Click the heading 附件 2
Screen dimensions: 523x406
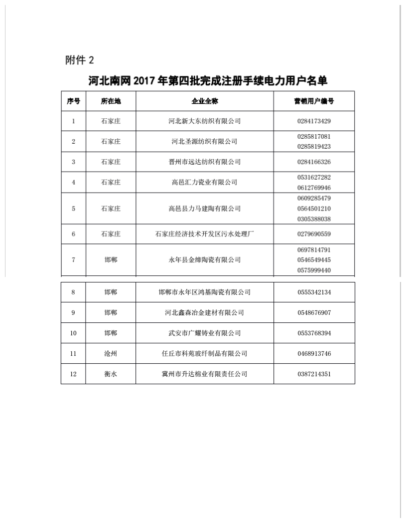80,60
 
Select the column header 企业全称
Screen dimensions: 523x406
204,101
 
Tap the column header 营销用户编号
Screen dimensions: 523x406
314,101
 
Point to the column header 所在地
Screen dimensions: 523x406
111,101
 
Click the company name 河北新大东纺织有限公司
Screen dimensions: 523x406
204,121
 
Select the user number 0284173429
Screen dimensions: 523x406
314,121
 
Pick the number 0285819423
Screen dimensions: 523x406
314,147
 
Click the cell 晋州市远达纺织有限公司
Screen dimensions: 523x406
204,162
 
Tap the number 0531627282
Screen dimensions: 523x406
314,177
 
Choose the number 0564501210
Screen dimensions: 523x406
314,209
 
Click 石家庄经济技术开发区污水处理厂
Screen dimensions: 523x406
204,234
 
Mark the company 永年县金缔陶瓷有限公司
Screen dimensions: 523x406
204,260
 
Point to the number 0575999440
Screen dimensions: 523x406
314,270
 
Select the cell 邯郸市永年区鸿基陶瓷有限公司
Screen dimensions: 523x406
204,292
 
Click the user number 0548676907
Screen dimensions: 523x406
314,313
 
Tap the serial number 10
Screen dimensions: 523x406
73,333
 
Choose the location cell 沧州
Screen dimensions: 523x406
111,354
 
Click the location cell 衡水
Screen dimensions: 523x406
111,374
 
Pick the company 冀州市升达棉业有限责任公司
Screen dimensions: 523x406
204,374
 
